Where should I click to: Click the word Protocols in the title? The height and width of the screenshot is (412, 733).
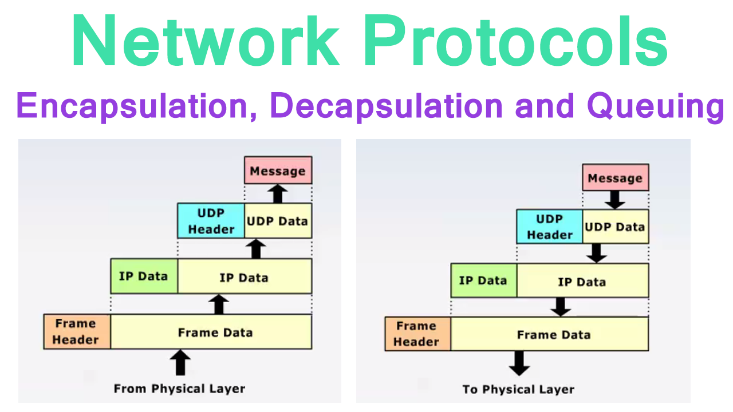tap(515, 41)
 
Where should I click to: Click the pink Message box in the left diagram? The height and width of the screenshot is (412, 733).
tap(278, 171)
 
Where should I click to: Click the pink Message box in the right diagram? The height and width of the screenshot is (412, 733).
tap(616, 178)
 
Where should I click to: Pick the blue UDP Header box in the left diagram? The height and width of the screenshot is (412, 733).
tap(211, 221)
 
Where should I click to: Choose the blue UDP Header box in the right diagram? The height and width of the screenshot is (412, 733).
tap(550, 227)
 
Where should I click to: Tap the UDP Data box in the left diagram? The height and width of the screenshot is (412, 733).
tap(278, 221)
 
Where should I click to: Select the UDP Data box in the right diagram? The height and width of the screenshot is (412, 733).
tap(616, 227)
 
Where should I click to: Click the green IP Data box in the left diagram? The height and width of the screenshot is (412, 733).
tap(144, 276)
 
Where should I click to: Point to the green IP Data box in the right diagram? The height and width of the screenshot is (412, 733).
tap(483, 281)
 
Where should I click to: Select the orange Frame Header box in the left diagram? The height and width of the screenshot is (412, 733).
tap(77, 332)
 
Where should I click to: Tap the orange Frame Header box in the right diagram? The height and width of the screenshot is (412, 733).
tap(417, 334)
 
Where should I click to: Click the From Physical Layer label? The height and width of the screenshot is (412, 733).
tap(179, 389)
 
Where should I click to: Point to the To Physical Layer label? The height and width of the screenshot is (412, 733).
tap(518, 390)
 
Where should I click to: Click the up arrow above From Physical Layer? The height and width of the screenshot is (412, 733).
tap(180, 363)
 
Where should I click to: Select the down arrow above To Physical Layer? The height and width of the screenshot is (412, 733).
tap(519, 363)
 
